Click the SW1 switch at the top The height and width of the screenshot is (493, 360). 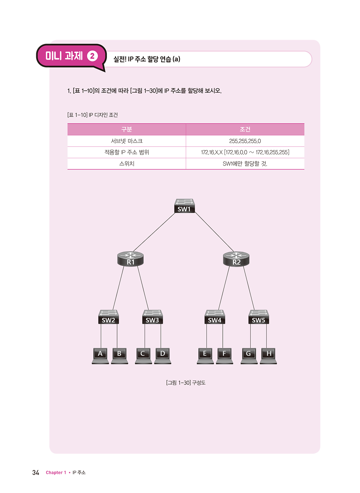[184, 206]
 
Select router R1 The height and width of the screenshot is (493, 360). [131, 259]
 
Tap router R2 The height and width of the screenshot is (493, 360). [236, 259]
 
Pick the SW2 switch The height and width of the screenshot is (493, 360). [108, 317]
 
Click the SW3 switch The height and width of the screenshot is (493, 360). [152, 317]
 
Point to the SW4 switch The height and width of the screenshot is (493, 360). [215, 317]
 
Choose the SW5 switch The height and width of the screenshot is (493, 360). [259, 317]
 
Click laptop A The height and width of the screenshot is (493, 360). [100, 356]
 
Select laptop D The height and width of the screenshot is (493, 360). [163, 356]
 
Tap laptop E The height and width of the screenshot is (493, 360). [205, 356]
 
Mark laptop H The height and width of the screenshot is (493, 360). [268, 356]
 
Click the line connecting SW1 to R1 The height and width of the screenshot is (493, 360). [154, 232]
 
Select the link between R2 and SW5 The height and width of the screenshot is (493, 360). [249, 288]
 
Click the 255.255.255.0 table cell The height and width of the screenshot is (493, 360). [245, 141]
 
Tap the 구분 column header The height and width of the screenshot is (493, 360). [126, 129]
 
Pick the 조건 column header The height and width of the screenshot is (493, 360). [245, 129]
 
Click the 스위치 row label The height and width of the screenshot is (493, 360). [126, 163]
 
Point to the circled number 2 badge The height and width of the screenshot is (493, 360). [92, 56]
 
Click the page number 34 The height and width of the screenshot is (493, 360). [36, 472]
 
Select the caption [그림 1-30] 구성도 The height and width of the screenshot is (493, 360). [185, 382]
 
